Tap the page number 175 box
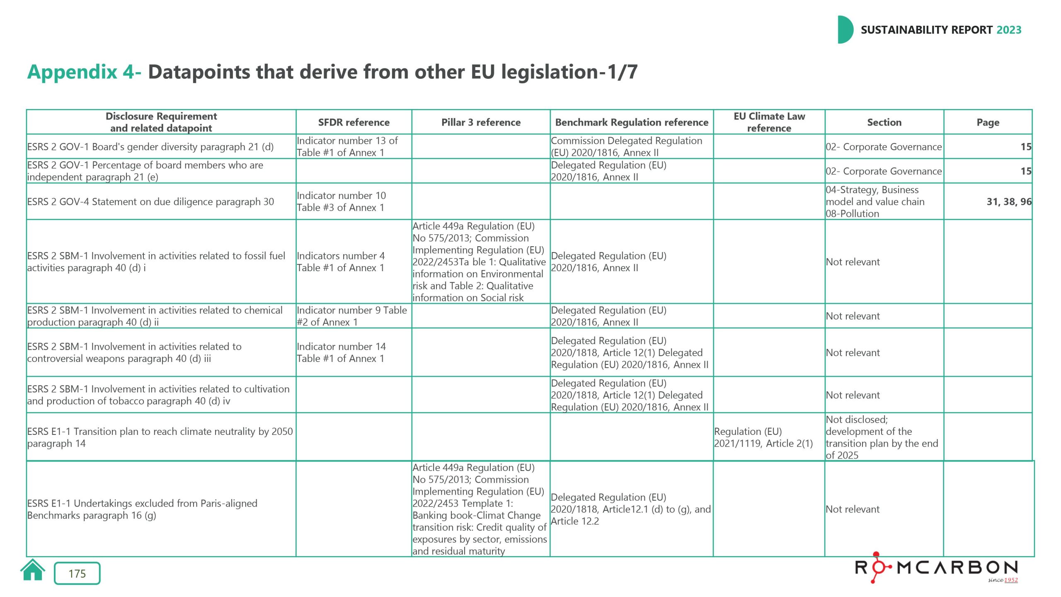click(77, 573)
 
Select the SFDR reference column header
click(354, 122)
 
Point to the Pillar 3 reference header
click(481, 122)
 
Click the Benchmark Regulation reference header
click(632, 122)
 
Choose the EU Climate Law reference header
click(769, 122)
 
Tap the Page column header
click(988, 122)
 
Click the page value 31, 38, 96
click(1009, 201)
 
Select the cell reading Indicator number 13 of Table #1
click(347, 147)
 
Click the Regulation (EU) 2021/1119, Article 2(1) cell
click(763, 437)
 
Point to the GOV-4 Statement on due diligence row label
click(150, 201)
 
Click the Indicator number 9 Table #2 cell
click(352, 316)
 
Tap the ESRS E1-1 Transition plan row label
click(160, 437)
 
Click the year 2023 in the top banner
click(1009, 30)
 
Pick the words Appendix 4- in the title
click(84, 72)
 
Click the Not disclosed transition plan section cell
click(882, 437)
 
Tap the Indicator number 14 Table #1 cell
click(341, 352)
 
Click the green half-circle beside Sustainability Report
click(845, 30)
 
